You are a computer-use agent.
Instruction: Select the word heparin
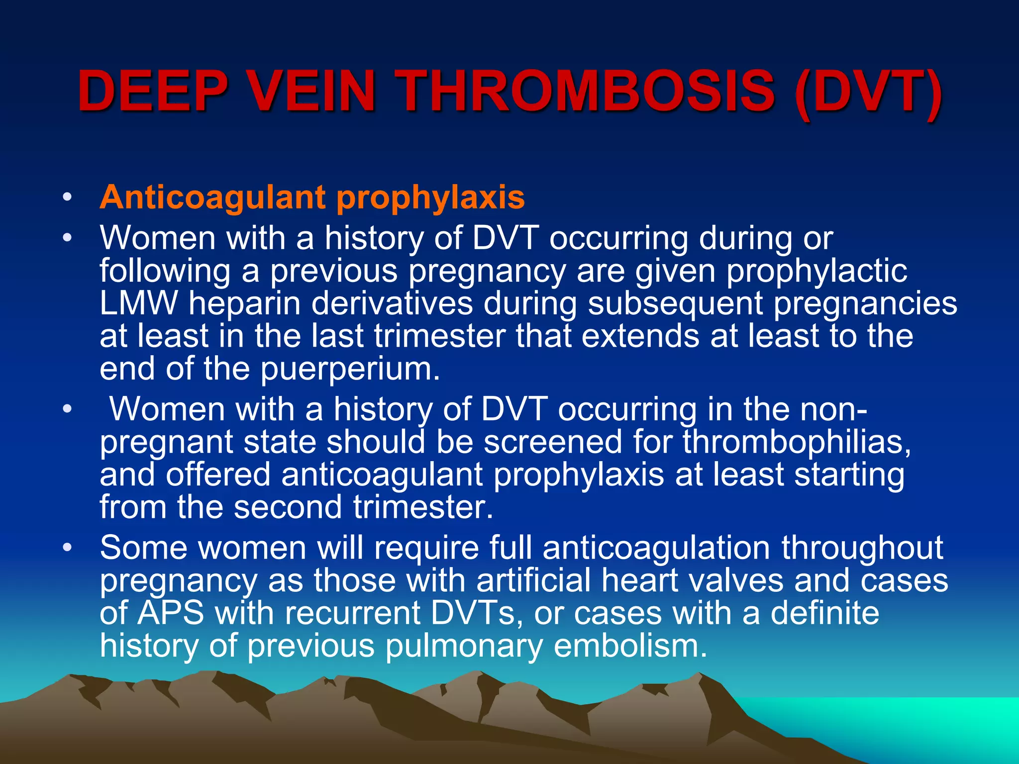coord(244,304)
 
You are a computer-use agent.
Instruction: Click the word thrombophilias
coord(796,442)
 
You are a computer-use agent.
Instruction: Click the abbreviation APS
coord(171,613)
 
